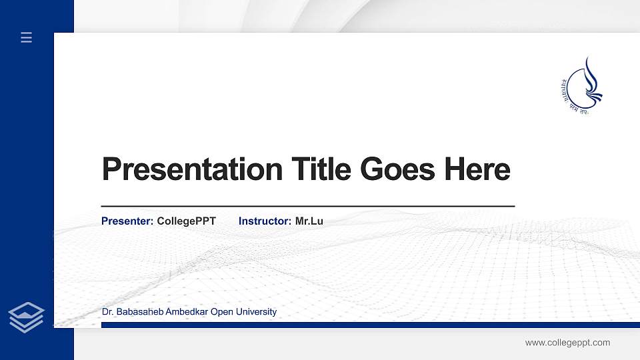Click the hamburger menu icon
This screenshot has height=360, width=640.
point(26,37)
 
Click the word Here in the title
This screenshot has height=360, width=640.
point(477,169)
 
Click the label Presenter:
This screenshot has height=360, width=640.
point(127,221)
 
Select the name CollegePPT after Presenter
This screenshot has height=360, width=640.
point(186,221)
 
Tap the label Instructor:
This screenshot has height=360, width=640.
point(265,221)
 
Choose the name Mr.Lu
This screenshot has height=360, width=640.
point(309,221)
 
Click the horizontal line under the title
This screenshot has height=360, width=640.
point(307,207)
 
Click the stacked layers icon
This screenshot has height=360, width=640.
point(26,317)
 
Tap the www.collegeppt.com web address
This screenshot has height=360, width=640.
point(567,343)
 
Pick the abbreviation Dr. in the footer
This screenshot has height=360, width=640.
point(107,312)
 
